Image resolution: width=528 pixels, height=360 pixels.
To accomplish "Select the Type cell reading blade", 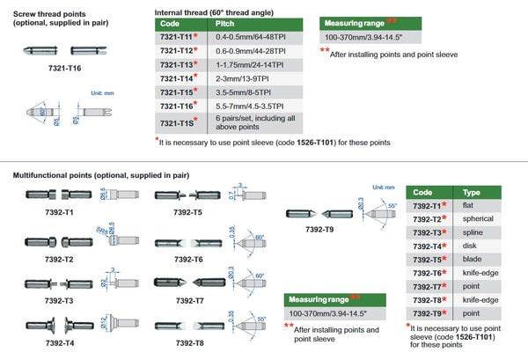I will pyautogui.click(x=471, y=260).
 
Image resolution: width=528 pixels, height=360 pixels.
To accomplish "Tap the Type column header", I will pyautogui.click(x=471, y=190).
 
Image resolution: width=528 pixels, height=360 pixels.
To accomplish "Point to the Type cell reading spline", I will pyautogui.click(x=471, y=231).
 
